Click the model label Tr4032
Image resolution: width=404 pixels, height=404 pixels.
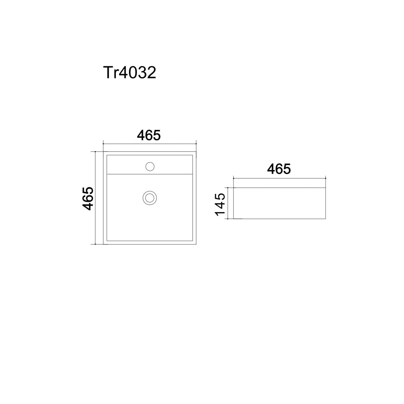coord(130,72)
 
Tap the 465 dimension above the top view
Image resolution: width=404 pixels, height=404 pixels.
coord(149,135)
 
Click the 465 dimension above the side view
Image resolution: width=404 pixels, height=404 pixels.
coord(279,169)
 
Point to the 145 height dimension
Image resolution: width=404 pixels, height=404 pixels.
coord(220,204)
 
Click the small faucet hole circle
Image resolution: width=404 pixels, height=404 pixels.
coord(150,166)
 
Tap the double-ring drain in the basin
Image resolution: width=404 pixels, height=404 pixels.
coord(150,198)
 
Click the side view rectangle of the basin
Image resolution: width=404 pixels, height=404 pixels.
coord(279,203)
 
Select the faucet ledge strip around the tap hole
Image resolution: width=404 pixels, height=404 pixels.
coord(150,165)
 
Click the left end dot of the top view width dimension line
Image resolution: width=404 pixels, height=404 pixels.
coord(103,144)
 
